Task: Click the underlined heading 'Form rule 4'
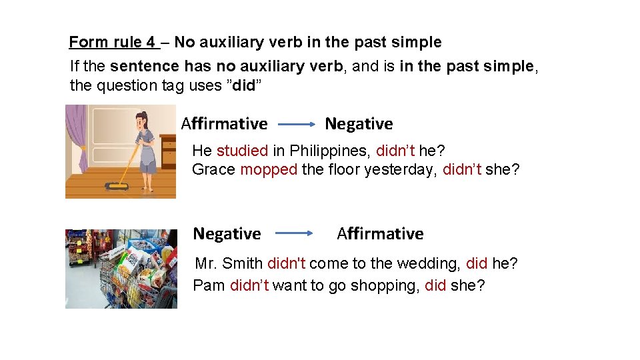click(x=112, y=43)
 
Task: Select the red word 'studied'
click(x=242, y=151)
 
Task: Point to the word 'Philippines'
click(x=327, y=151)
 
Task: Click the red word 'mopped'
click(x=269, y=169)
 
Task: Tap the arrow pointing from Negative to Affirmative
click(x=294, y=233)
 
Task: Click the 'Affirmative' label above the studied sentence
click(x=225, y=124)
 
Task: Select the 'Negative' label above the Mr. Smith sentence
click(x=227, y=234)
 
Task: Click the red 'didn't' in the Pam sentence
click(x=249, y=285)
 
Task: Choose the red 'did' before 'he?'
click(x=476, y=263)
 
